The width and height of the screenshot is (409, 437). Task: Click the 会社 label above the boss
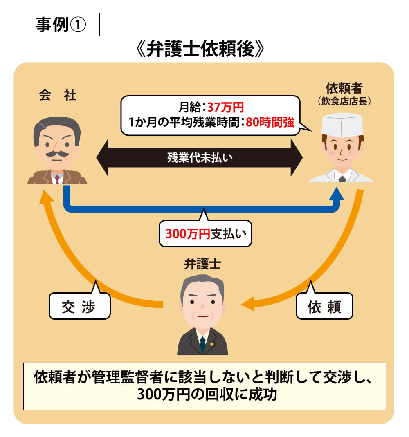(57, 96)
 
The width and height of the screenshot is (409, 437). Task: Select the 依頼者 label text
(344, 88)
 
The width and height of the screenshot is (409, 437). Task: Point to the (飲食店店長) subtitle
(344, 101)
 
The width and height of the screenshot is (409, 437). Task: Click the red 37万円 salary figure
(225, 108)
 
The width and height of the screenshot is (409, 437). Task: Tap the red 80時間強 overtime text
(270, 122)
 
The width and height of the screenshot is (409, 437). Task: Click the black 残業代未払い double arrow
(200, 158)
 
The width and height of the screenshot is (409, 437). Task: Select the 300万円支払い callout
(205, 234)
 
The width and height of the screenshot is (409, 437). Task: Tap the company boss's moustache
(56, 154)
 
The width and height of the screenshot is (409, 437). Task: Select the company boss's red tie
(57, 179)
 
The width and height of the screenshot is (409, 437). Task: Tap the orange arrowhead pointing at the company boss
(45, 196)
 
